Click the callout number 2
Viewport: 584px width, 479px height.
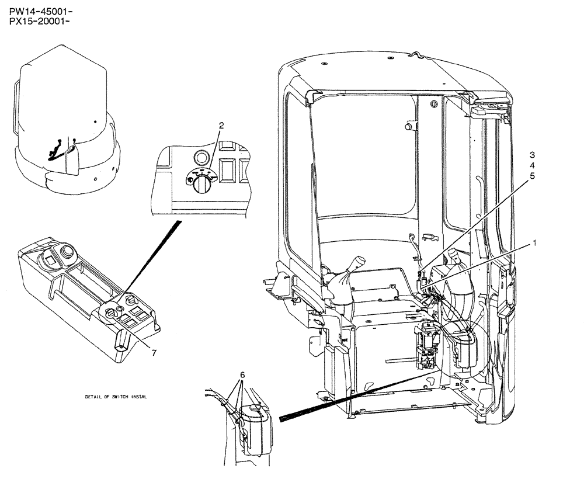coord(221,125)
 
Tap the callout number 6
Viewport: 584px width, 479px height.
coord(242,374)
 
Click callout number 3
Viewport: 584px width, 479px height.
coord(533,155)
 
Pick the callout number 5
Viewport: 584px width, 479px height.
coord(533,175)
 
